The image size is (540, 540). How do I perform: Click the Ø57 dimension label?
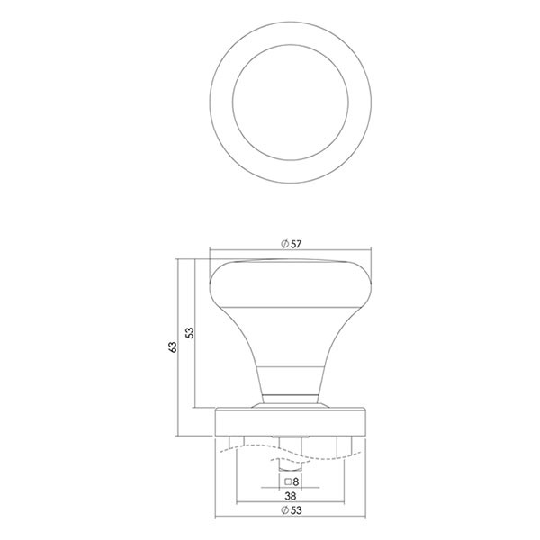[291, 244]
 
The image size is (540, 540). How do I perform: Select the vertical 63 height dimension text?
[173, 346]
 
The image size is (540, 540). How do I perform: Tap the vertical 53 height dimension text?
[190, 333]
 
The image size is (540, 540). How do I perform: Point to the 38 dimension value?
[291, 496]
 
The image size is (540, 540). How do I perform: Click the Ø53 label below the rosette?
[291, 510]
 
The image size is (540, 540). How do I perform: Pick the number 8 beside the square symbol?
[295, 482]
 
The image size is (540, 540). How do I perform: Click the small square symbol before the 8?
[288, 481]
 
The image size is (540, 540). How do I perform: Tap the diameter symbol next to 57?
[284, 244]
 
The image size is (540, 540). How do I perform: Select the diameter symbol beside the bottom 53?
[284, 510]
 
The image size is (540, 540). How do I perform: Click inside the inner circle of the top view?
[291, 103]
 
